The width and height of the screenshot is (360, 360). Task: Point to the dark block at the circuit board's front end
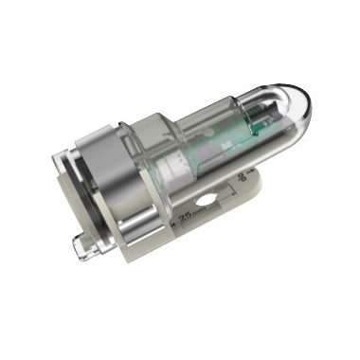pyautogui.click(x=257, y=122)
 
